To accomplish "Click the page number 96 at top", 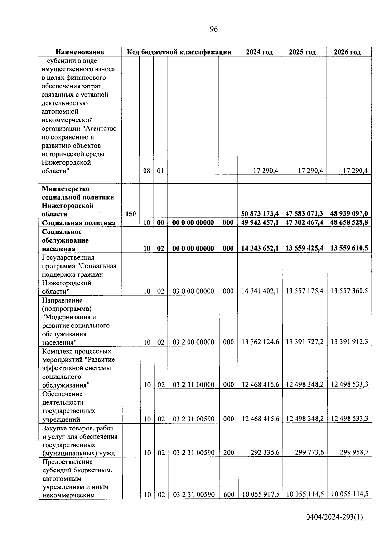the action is point(214,29).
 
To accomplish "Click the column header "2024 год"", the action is point(259,52).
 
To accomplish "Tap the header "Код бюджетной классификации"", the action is point(179,52).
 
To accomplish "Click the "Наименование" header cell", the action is point(80,52).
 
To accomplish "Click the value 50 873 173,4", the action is point(260,214).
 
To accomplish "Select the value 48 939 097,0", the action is point(349,214).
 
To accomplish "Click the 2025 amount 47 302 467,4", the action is point(304,222).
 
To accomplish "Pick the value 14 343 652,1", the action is point(260,248).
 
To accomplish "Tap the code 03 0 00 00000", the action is point(193,291).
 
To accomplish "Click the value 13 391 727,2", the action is point(305,342).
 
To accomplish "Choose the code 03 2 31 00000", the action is point(193,385).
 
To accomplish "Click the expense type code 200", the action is point(229,453).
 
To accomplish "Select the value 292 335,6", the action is point(265,453).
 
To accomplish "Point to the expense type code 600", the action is point(229,494).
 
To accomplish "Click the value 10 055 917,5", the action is point(260,494).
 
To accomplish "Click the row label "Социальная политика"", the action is point(79,223).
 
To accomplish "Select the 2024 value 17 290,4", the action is point(266,171).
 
